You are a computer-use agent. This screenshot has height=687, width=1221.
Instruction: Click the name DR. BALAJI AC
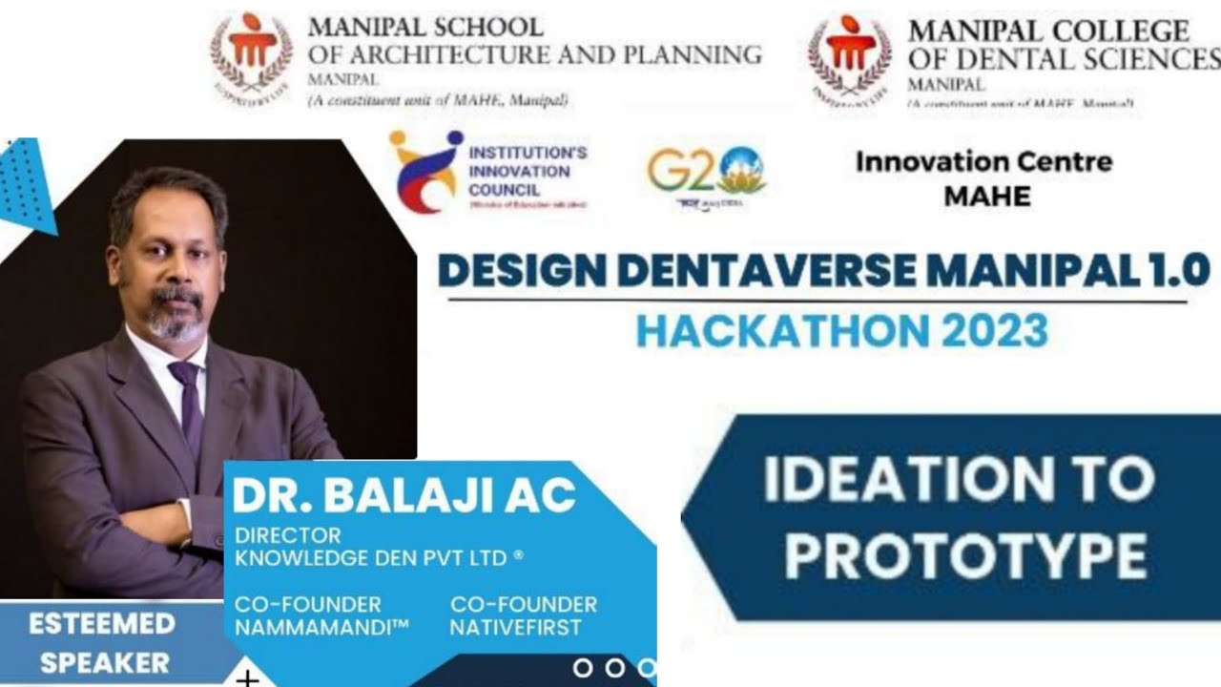404,495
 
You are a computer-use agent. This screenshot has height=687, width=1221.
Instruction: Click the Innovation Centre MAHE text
983,178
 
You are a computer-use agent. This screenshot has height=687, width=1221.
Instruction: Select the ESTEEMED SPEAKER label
102,643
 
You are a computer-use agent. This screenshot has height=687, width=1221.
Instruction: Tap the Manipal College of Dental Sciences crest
850,57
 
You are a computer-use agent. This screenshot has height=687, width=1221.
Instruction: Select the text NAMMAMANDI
321,628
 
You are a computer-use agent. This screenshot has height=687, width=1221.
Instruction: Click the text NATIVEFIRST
515,628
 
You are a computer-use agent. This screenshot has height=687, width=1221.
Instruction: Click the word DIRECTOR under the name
287,535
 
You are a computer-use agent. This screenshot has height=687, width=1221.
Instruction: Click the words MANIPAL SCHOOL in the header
425,27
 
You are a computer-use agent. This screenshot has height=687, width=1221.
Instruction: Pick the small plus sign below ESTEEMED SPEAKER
247,678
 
